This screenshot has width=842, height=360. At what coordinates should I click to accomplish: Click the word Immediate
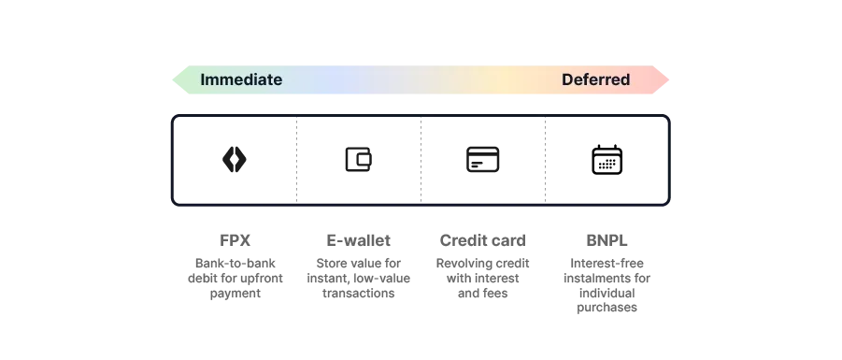pyautogui.click(x=241, y=79)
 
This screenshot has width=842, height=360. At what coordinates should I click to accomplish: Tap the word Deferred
pyautogui.click(x=595, y=79)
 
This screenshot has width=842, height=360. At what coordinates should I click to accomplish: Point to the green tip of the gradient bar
pyautogui.click(x=179, y=79)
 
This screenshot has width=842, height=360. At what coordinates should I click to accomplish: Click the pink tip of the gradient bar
pyautogui.click(x=662, y=79)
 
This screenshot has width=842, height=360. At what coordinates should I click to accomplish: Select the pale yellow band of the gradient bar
pyautogui.click(x=505, y=79)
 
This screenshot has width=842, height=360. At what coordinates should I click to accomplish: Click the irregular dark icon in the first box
pyautogui.click(x=230, y=159)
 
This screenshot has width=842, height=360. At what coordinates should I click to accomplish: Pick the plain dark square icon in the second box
pyautogui.click(x=358, y=157)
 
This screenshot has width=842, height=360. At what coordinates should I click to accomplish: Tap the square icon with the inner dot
pyautogui.click(x=482, y=160)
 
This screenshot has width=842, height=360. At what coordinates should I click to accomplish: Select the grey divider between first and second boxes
pyautogui.click(x=294, y=159)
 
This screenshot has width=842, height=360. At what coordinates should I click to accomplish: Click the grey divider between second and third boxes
pyautogui.click(x=421, y=159)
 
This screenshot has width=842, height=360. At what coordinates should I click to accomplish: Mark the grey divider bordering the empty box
pyautogui.click(x=541, y=159)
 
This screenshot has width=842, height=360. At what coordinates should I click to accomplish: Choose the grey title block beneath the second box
pyautogui.click(x=358, y=240)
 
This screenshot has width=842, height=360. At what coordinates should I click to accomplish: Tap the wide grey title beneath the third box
pyautogui.click(x=482, y=240)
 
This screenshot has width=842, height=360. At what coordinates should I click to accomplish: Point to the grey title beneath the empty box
pyautogui.click(x=605, y=240)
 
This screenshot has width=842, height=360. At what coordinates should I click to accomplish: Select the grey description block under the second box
pyautogui.click(x=358, y=276)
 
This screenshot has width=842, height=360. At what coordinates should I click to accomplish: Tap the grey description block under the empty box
pyautogui.click(x=606, y=281)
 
